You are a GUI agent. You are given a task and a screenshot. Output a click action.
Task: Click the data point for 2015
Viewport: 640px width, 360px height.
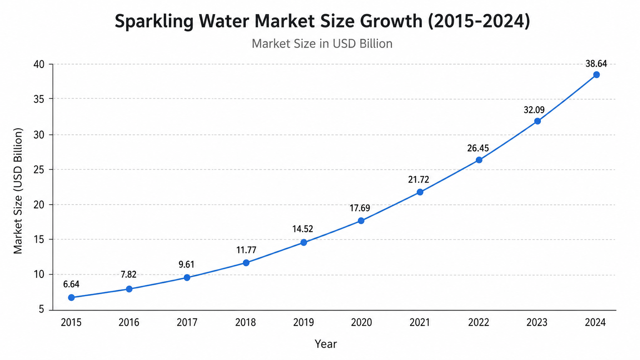click(71, 297)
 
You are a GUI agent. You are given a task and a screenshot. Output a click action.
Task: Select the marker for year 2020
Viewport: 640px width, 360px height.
click(361, 220)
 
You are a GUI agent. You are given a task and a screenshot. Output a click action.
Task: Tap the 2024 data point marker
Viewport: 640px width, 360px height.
click(597, 75)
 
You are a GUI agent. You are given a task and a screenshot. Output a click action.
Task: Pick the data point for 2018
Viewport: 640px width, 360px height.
click(246, 262)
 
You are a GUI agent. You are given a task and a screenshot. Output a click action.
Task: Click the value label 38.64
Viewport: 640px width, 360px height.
click(596, 64)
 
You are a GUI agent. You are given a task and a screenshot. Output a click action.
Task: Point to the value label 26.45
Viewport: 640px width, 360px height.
click(478, 148)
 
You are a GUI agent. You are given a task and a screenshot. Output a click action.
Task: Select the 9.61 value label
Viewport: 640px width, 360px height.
click(187, 265)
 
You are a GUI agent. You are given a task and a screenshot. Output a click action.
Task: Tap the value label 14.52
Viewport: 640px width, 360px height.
click(302, 229)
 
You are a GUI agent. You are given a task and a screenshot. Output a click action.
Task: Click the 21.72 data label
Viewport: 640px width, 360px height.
click(419, 180)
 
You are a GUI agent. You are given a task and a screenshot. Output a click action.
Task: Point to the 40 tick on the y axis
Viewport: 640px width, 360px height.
click(39, 64)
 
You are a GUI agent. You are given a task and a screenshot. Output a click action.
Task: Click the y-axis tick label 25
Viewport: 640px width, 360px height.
click(39, 170)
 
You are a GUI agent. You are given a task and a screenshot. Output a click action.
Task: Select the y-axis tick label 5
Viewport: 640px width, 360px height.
click(42, 309)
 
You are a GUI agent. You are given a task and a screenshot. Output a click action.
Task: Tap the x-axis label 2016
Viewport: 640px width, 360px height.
click(129, 322)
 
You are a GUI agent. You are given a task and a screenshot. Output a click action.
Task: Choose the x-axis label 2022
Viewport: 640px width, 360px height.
click(479, 322)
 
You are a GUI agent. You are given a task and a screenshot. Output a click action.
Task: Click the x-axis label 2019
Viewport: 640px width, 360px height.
click(303, 322)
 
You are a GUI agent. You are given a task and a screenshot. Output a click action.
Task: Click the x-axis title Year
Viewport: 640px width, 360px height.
click(326, 344)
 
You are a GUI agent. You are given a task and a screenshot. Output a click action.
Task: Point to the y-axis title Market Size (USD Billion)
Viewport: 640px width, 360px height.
click(18, 191)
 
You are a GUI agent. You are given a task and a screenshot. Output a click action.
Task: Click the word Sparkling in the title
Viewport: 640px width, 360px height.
click(154, 22)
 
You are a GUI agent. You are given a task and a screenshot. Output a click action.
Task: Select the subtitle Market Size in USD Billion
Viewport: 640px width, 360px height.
click(322, 44)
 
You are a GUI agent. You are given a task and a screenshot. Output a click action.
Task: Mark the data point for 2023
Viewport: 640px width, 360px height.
click(537, 121)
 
